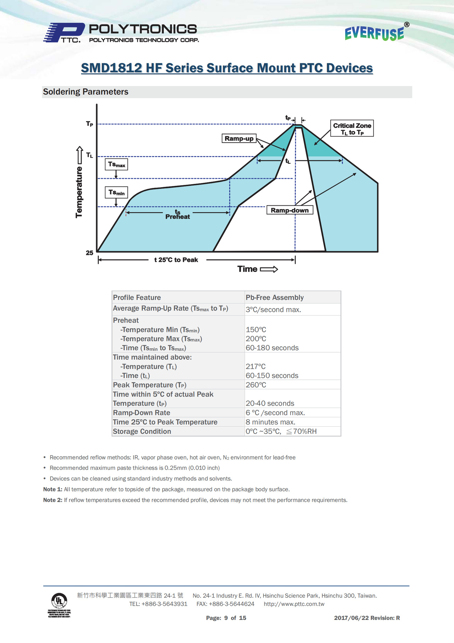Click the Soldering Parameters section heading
[x=86, y=92]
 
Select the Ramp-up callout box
[x=239, y=138]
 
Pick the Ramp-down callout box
[x=290, y=210]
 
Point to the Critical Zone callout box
[x=352, y=129]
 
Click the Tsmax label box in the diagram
[x=116, y=164]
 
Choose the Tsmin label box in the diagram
[x=116, y=193]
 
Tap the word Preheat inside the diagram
[x=177, y=217]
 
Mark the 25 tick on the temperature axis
[x=89, y=253]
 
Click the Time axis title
[x=247, y=269]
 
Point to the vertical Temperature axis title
[x=79, y=192]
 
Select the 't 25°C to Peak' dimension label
[x=176, y=260]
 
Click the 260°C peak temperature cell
[x=256, y=385]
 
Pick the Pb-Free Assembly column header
[x=275, y=297]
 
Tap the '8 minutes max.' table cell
[x=271, y=422]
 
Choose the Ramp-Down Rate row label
[x=142, y=413]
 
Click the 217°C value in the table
[x=256, y=366]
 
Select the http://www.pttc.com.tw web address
[x=294, y=604]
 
